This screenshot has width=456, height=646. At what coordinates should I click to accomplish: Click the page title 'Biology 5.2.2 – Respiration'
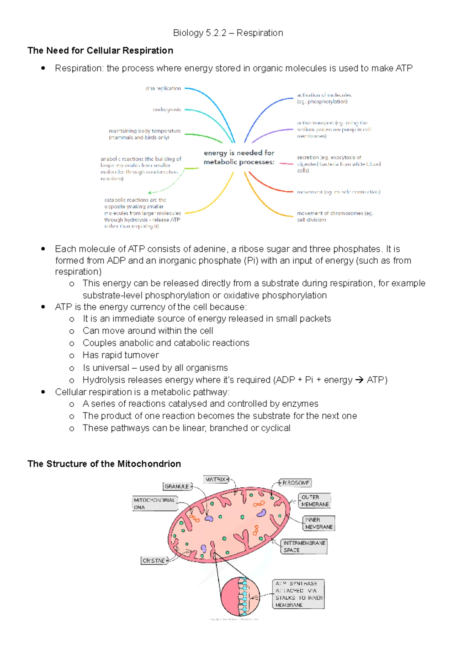[228, 33]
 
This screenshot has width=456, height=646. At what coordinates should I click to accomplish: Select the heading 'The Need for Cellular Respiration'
[100, 51]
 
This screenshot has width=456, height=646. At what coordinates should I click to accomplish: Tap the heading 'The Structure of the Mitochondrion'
[104, 464]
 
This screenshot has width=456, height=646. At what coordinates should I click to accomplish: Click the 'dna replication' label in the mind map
[163, 88]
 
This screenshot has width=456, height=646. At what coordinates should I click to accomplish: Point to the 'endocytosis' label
[166, 110]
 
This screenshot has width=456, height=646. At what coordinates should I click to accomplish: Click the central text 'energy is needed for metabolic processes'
[239, 157]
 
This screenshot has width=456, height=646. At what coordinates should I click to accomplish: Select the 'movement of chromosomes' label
[335, 216]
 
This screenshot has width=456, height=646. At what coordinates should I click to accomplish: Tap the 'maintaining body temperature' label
[144, 134]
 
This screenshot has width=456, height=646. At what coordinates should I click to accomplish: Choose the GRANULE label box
[177, 486]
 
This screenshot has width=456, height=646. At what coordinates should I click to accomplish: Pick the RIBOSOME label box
[296, 483]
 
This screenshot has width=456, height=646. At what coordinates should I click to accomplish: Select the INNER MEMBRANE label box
[319, 523]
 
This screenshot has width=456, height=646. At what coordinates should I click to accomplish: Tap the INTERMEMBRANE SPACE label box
[304, 546]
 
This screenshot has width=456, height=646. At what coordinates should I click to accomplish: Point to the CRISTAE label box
[154, 560]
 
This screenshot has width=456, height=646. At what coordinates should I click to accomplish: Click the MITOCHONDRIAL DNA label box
[155, 503]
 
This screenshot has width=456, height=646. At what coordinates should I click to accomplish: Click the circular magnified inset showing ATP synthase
[235, 596]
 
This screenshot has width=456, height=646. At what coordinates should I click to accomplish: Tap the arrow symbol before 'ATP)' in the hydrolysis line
[359, 380]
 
